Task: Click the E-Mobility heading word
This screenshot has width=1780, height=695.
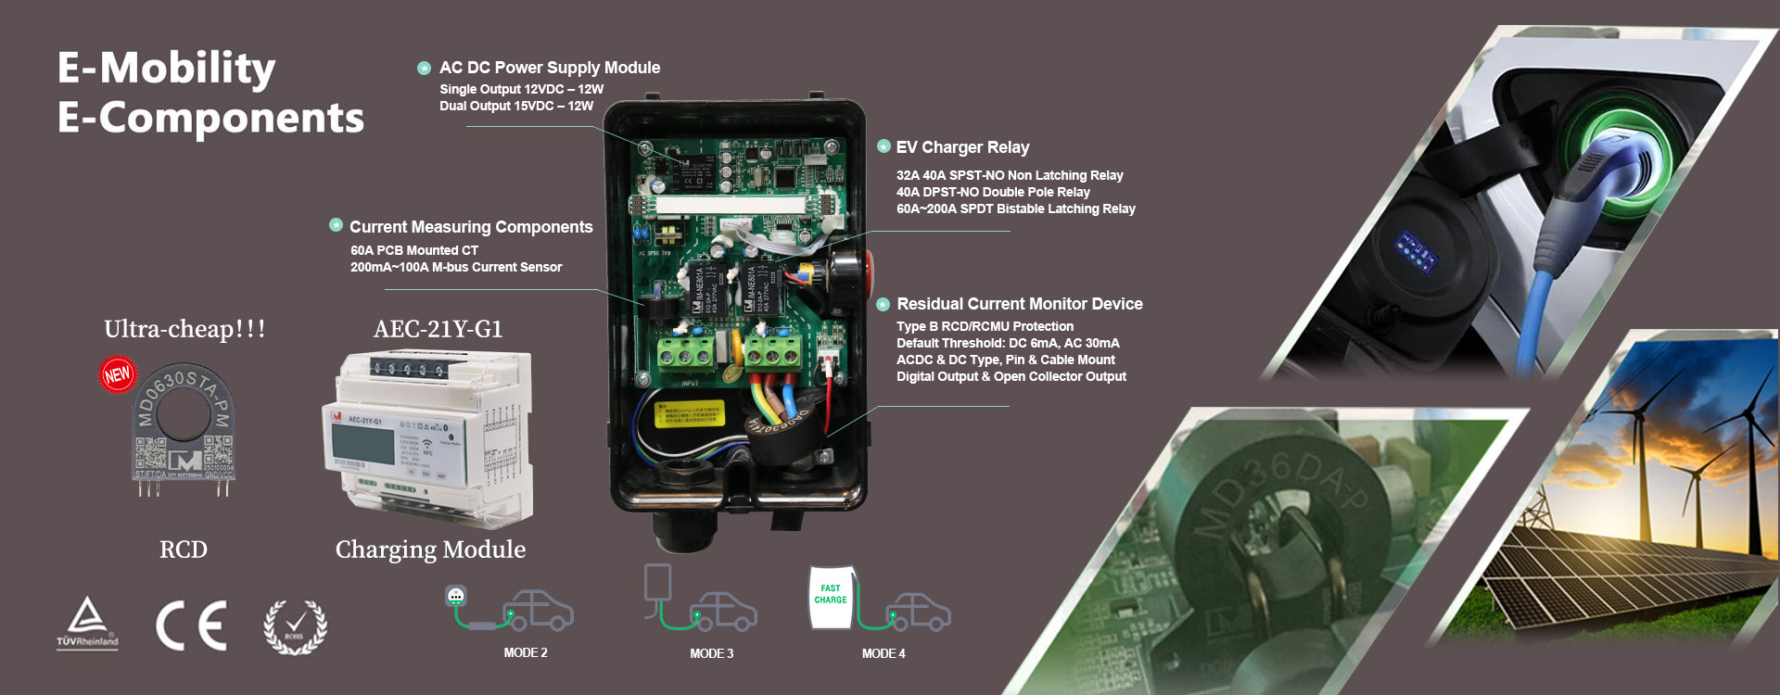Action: pos(167,69)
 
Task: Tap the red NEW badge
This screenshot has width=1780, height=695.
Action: pos(118,374)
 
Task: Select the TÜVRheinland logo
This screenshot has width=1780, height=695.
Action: pos(87,623)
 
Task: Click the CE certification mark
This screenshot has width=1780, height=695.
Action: pos(191,625)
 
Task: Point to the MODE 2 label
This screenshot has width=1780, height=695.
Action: pos(526,653)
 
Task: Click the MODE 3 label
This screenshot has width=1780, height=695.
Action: pos(711,654)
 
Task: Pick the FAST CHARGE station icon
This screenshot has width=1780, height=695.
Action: pos(831,598)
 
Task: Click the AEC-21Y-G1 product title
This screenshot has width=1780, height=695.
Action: pos(438,329)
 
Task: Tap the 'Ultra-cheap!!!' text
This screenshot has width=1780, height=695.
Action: pos(184,329)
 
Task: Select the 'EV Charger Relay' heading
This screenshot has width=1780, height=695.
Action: pos(962,147)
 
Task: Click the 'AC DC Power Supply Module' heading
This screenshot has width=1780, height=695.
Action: pos(550,68)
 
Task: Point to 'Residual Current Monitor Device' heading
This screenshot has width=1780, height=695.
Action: pos(1020,304)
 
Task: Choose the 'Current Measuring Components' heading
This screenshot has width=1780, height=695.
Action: pos(471,227)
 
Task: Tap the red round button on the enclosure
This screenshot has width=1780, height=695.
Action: pos(869,268)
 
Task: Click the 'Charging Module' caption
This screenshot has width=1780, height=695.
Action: pos(430,550)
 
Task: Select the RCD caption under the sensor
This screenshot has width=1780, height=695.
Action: pos(184,550)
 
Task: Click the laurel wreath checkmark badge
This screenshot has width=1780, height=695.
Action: pos(295,627)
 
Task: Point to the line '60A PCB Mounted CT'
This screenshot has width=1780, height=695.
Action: pos(414,250)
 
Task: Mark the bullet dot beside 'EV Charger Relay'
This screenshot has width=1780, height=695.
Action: pos(884,146)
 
